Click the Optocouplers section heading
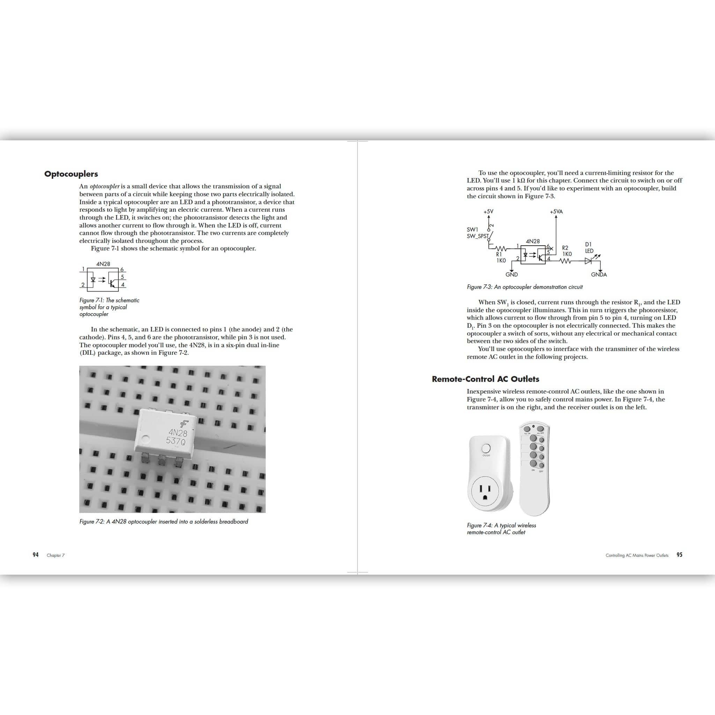[71, 174]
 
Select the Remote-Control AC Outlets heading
[485, 379]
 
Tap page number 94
[36, 555]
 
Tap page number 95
[679, 555]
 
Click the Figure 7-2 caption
[164, 522]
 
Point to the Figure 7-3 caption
[524, 287]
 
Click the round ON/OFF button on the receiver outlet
[486, 448]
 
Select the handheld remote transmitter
[534, 468]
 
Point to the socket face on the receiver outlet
[485, 491]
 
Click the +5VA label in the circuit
[556, 212]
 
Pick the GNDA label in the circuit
[599, 275]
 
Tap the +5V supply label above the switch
[488, 212]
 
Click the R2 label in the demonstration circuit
[565, 248]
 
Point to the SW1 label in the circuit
[472, 229]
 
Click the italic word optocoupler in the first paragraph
[105, 186]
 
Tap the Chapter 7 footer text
[56, 555]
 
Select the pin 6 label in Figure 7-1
[122, 270]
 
